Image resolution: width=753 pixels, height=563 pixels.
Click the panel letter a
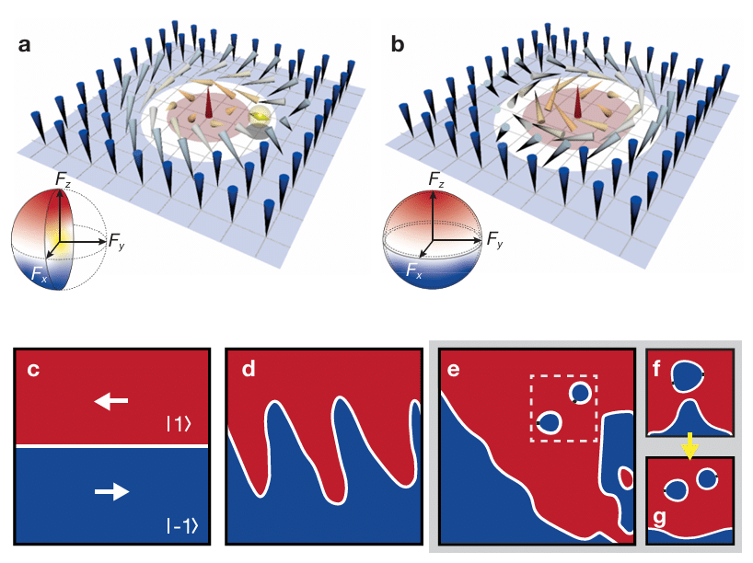pos(25,45)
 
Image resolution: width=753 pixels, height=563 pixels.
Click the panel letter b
pos(398,44)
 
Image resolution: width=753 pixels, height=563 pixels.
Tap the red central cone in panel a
pos(208,105)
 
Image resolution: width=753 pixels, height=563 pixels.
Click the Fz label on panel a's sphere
pos(63,179)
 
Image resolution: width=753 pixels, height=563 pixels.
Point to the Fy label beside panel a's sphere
pos(117,240)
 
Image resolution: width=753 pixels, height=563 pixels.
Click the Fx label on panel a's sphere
pos(39,274)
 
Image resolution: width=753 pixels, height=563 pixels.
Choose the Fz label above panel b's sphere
pos(436,179)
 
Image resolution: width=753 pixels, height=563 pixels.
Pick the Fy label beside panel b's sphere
pos(494,239)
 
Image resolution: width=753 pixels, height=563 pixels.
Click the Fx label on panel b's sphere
pos(414,270)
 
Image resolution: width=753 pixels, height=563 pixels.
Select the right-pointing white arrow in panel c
pos(112,491)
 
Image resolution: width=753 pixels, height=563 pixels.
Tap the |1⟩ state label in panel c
pos(179,424)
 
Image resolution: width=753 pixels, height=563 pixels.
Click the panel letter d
pos(249,369)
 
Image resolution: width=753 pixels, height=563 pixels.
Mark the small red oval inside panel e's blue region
pos(626,478)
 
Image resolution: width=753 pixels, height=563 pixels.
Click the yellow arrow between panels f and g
pos(689,445)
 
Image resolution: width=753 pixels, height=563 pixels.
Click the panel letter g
pos(661,519)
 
